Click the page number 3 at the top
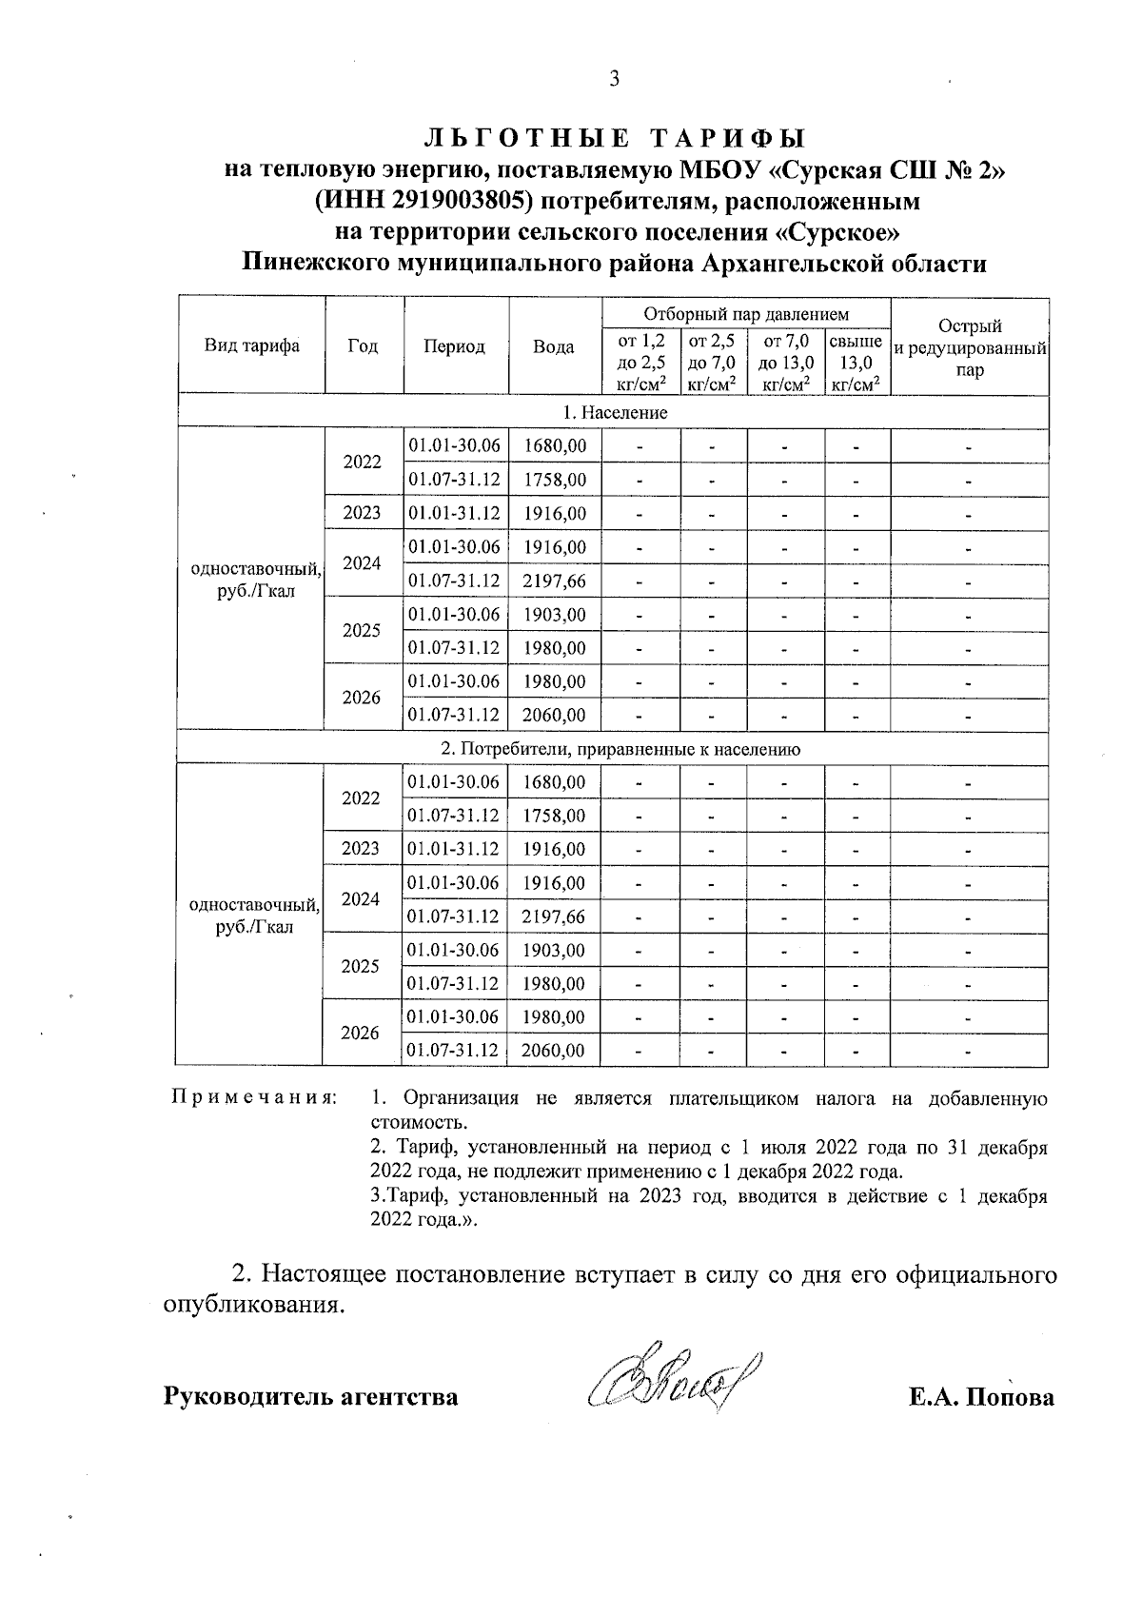[614, 79]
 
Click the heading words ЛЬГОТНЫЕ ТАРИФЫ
[614, 138]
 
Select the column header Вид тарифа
[251, 345]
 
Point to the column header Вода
[553, 346]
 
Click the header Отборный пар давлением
[746, 313]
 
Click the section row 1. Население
[614, 412]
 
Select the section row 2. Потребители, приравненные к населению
[614, 749]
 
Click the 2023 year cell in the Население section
[362, 513]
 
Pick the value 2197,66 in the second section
[554, 916]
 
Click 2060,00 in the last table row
[554, 1051]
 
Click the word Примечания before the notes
[253, 1098]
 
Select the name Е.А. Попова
[981, 1397]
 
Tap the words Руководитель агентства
[310, 1397]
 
